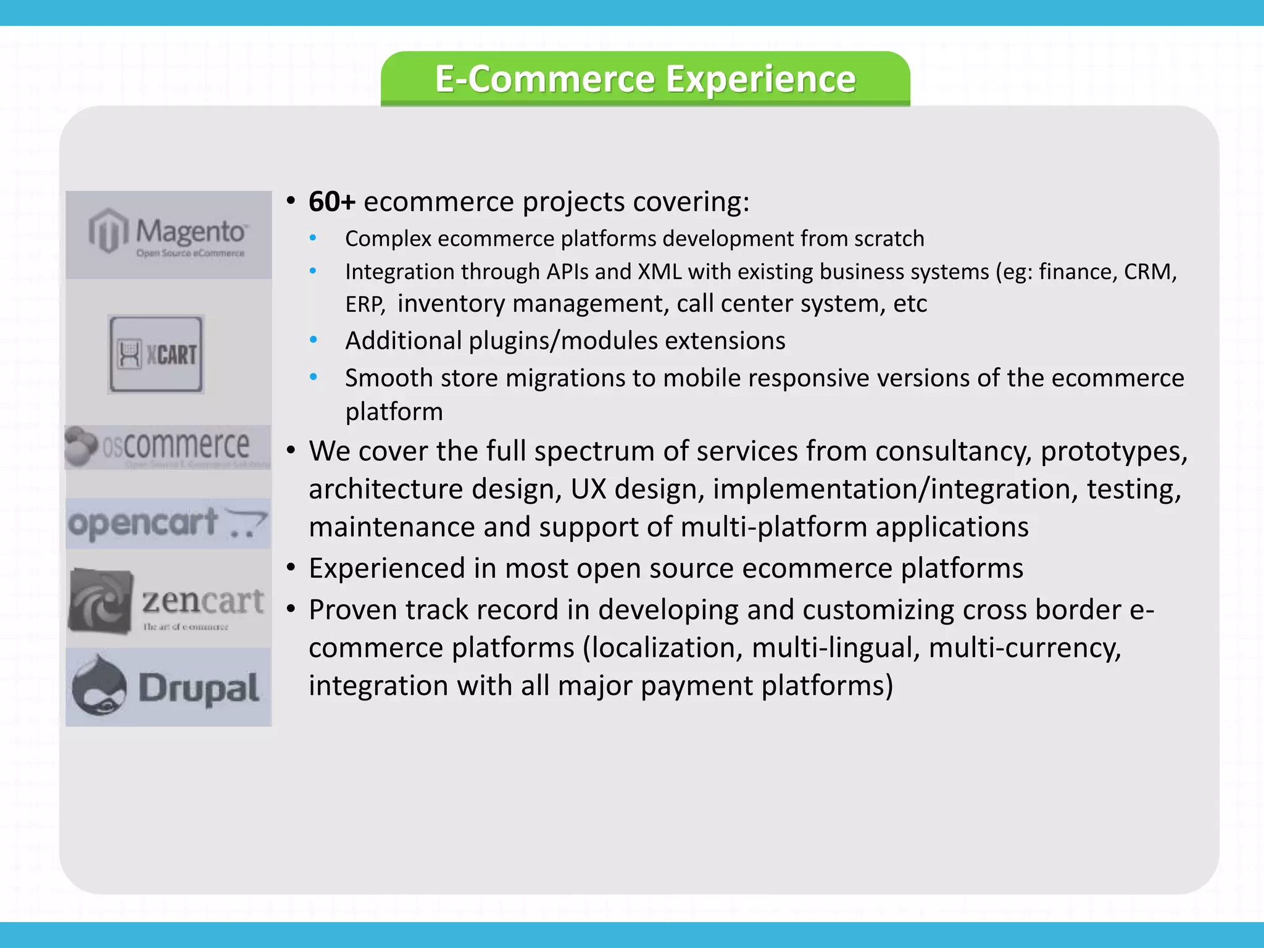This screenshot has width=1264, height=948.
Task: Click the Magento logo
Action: tap(168, 235)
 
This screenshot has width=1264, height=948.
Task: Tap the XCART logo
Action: tap(156, 354)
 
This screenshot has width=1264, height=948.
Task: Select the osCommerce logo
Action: tap(168, 447)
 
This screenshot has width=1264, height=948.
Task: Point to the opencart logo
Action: tap(168, 523)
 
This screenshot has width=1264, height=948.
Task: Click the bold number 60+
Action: tap(332, 202)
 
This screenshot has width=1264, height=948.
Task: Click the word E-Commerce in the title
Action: tap(545, 79)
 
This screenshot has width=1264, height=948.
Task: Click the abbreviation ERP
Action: tap(365, 304)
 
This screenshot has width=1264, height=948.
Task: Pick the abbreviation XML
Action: tap(660, 272)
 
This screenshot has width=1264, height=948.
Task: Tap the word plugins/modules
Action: tap(563, 341)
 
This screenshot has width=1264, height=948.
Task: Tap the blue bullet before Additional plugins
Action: tap(314, 340)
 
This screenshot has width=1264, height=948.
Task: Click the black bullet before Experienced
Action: tap(291, 568)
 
